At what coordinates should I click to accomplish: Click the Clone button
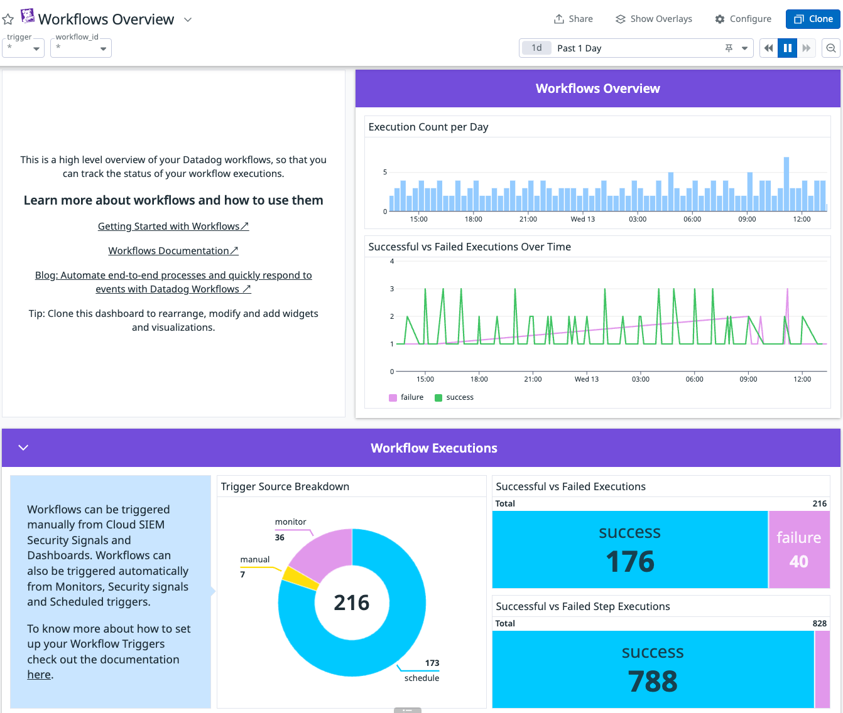813,19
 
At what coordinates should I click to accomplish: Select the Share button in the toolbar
573,19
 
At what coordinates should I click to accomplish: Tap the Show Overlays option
653,19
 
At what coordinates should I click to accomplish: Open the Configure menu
743,19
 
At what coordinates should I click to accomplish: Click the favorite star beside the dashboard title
8,19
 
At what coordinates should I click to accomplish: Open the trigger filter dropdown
23,48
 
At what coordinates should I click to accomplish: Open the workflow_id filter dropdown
81,48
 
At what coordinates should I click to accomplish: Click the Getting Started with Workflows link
173,227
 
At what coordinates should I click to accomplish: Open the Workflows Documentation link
173,251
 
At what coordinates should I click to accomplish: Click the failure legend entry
406,397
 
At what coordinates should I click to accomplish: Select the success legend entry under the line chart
454,397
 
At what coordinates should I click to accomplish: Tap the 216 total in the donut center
352,603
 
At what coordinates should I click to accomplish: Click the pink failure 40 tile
799,550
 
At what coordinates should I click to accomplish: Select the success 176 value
630,561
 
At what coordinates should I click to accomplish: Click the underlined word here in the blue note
39,675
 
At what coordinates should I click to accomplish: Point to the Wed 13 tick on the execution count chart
582,219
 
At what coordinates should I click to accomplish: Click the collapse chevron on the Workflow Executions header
23,448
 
